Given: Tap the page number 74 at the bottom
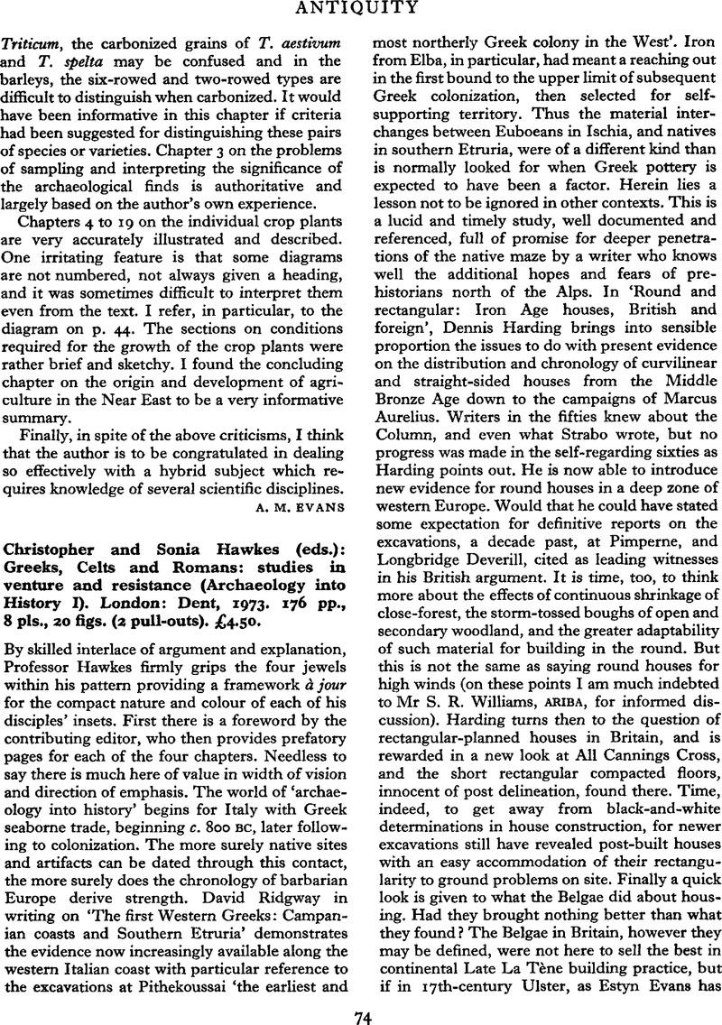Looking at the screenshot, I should point(361,1011).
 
